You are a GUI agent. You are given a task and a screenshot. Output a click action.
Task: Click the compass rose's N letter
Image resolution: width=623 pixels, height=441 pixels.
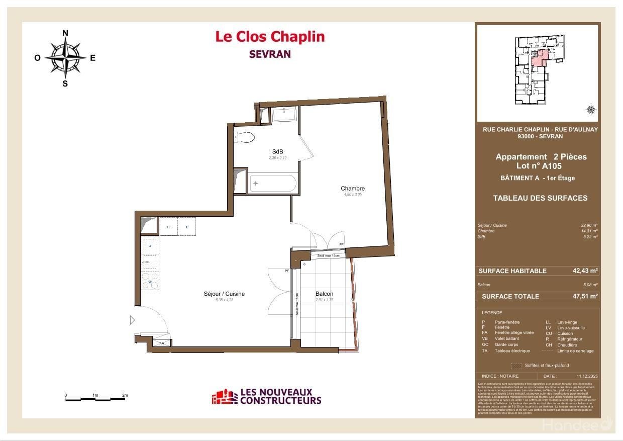pos(65,33)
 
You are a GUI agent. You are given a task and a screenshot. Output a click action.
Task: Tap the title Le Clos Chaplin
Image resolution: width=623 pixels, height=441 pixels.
pos(270,37)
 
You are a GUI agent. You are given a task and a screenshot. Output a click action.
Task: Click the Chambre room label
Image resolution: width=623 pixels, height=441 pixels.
pos(353,189)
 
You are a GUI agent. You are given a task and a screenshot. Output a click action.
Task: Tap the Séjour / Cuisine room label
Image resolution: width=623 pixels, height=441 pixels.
pos(224,294)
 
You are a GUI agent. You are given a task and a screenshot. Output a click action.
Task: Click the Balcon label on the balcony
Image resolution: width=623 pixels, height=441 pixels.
pos(324,294)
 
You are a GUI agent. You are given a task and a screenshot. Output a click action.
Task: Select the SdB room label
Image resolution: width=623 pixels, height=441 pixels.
pos(277,152)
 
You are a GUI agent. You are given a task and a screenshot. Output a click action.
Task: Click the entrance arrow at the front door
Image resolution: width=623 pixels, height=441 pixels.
pos(132,320)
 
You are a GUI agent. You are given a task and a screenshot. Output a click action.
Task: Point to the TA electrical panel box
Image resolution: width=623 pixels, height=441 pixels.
pos(161,342)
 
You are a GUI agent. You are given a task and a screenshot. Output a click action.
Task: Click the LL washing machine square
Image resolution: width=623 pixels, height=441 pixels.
pos(168,227)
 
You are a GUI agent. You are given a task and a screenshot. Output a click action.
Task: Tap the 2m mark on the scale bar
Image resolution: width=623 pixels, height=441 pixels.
pos(125,396)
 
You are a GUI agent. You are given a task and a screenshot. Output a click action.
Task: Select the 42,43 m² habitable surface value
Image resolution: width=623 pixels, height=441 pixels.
pos(585,271)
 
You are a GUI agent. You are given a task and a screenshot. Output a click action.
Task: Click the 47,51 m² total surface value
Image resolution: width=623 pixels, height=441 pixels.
pos(585,296)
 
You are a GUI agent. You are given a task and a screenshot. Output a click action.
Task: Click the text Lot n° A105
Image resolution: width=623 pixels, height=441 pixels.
pos(539,166)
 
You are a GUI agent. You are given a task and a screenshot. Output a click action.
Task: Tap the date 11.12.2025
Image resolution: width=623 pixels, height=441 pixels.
pos(585,376)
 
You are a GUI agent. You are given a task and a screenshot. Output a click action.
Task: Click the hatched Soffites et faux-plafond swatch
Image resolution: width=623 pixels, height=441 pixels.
pos(516,366)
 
